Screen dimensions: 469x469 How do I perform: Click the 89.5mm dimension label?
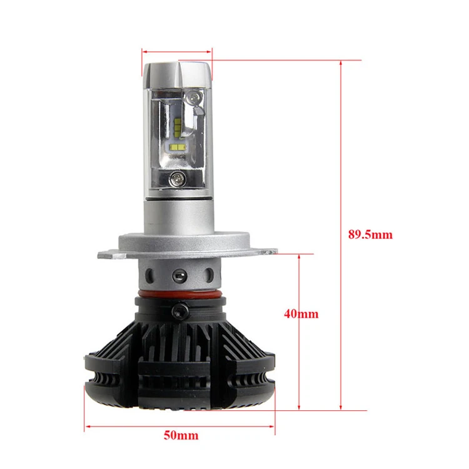tap(370, 234)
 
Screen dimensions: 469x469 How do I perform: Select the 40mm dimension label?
tap(301, 314)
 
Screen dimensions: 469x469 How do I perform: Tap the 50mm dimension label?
tap(181, 435)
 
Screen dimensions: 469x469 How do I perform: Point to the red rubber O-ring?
tap(180, 295)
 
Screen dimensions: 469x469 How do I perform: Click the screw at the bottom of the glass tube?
tap(178, 179)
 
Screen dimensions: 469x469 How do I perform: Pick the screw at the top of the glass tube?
tap(194, 98)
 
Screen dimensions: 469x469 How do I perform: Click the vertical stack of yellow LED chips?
tap(178, 126)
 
